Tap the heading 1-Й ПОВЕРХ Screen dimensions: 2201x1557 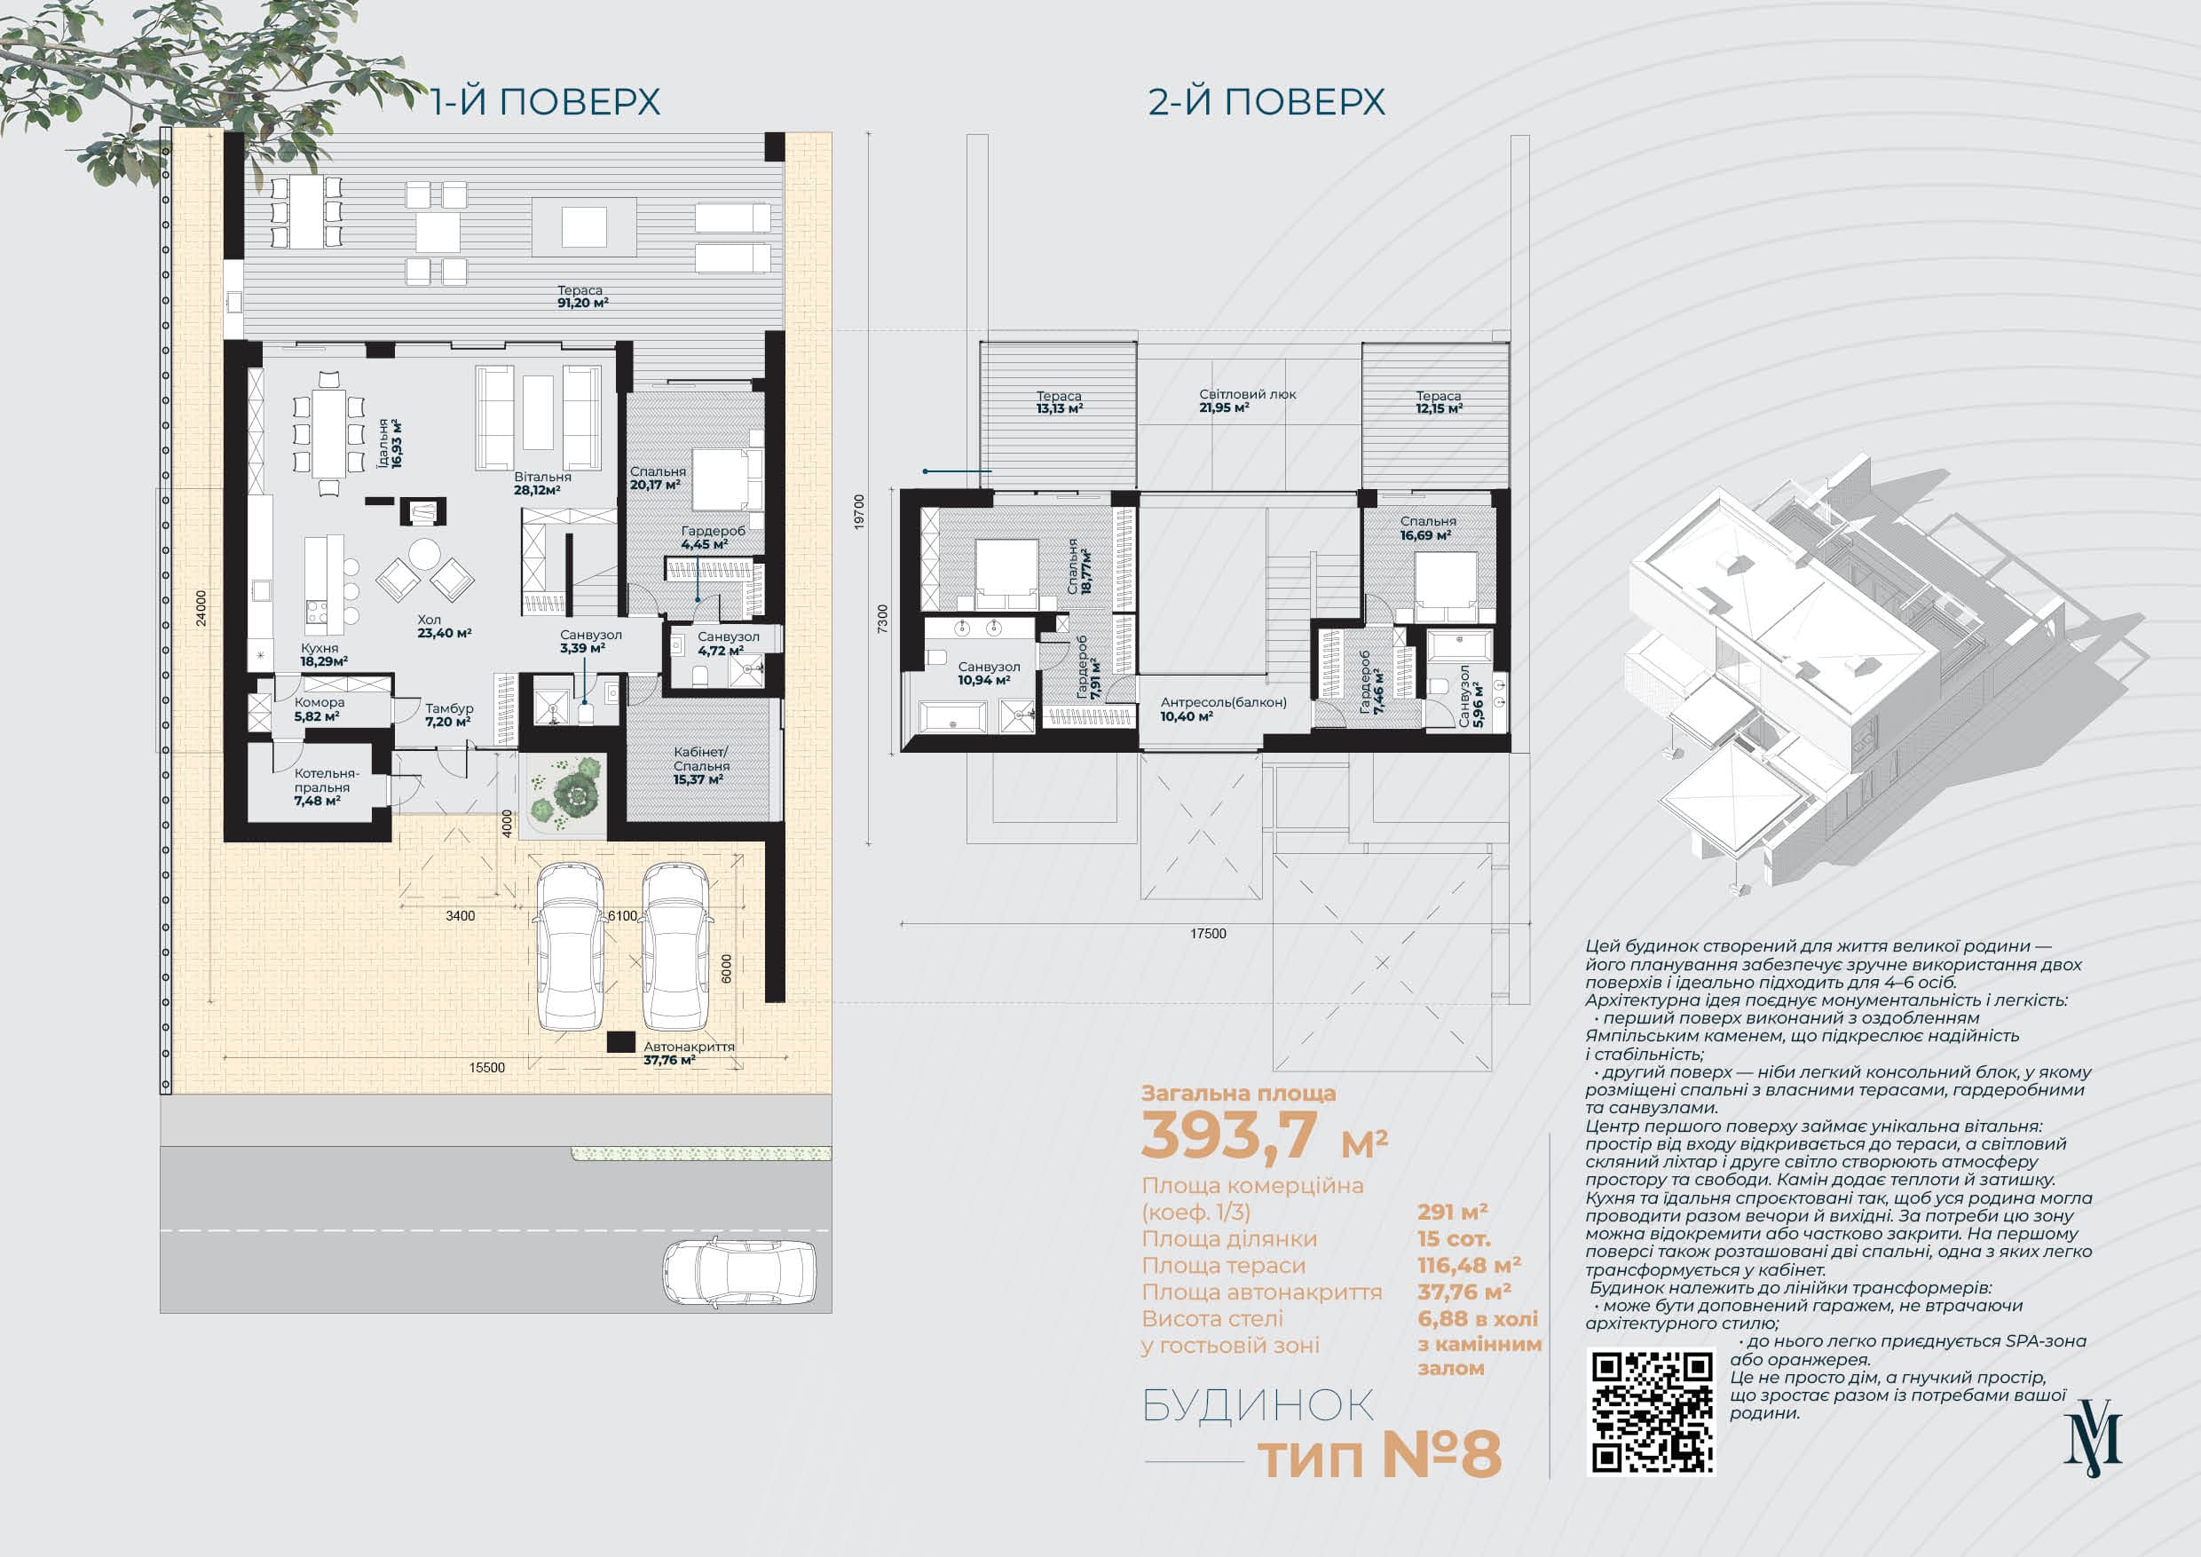coord(545,101)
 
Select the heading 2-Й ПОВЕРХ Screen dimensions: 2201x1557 coord(1266,101)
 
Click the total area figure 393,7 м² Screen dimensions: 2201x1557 coord(1264,1136)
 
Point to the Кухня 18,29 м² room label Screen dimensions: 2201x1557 coord(323,655)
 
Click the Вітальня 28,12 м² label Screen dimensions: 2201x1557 coord(541,483)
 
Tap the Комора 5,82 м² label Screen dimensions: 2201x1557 coord(319,709)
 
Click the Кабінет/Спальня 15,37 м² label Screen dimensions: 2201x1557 coord(701,765)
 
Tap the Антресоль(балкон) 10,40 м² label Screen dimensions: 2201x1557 coord(1223,708)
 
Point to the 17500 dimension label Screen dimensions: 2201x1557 coord(1208,934)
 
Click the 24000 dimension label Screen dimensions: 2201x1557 coord(201,608)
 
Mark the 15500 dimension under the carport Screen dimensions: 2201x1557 coord(487,1067)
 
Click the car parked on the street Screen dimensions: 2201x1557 coord(739,1271)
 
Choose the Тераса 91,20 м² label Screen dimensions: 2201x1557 coord(583,296)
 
